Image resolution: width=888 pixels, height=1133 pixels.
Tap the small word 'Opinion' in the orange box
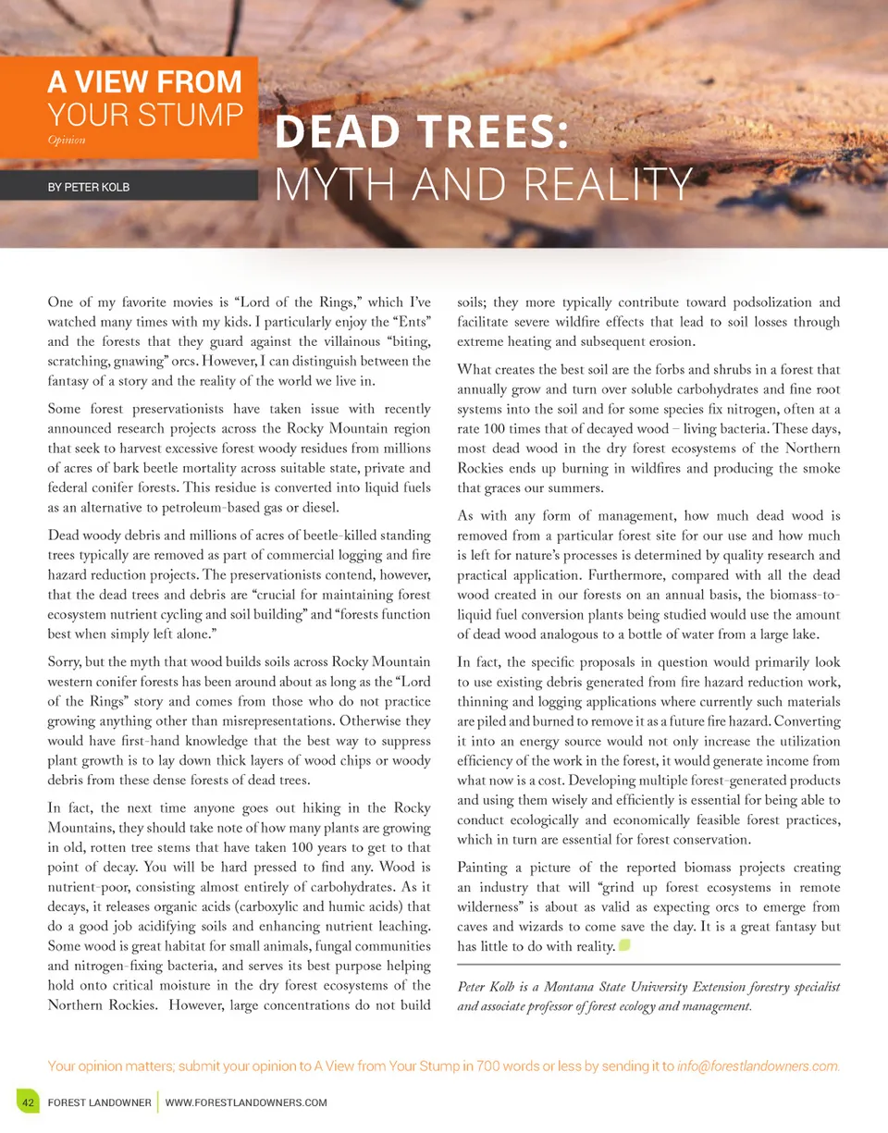point(66,140)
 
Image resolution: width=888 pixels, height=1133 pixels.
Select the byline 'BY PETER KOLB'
point(90,187)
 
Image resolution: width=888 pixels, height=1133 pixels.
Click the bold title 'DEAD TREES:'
point(422,135)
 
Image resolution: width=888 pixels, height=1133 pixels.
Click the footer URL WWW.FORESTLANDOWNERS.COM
point(246,1102)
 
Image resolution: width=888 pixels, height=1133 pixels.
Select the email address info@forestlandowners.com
point(758,1065)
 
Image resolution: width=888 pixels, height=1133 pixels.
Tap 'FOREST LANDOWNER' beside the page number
point(100,1102)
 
